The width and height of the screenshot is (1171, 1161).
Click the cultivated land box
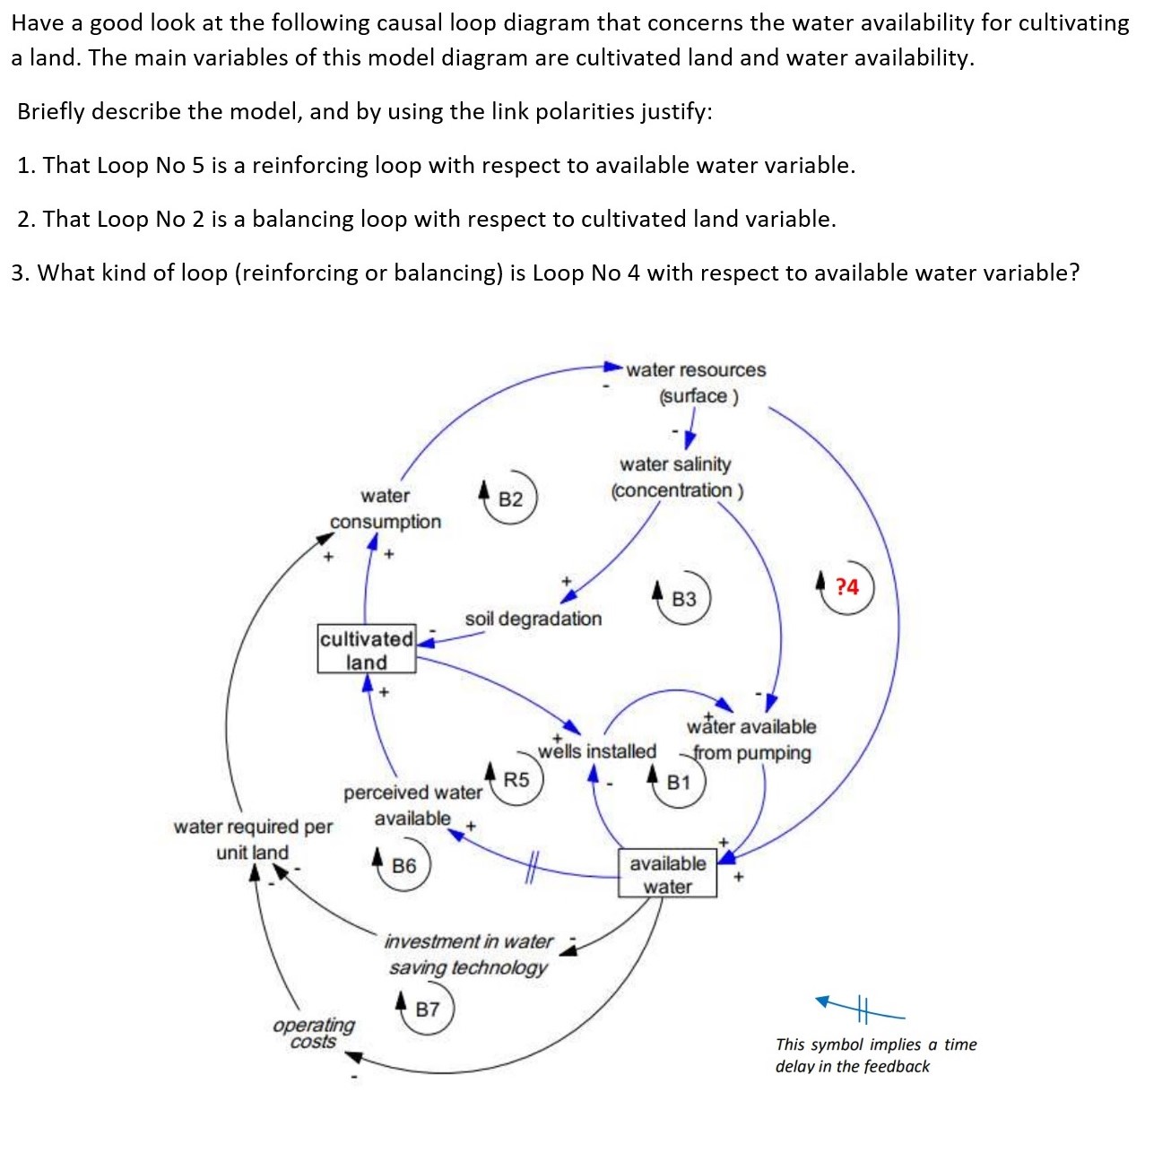[x=367, y=649]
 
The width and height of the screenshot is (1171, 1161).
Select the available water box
[x=667, y=874]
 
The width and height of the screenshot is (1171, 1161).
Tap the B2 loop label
[x=510, y=499]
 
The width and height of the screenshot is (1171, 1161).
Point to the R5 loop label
[x=516, y=780]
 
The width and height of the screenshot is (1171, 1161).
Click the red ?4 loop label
[x=846, y=587]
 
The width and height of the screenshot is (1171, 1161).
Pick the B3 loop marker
[x=683, y=599]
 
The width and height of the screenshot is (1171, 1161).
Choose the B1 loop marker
[x=679, y=783]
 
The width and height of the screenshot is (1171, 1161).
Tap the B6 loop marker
[x=403, y=866]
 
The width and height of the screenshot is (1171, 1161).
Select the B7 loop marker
[x=428, y=1009]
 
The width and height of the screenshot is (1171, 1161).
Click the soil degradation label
[x=533, y=619]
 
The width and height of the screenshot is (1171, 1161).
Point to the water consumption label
[x=386, y=508]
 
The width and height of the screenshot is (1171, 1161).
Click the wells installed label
[x=597, y=751]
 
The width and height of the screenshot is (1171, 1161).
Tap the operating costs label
[x=314, y=1033]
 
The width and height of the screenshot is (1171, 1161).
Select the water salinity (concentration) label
[x=677, y=477]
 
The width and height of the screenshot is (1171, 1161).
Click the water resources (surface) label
[x=697, y=383]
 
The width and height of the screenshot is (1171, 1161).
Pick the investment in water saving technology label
[x=469, y=954]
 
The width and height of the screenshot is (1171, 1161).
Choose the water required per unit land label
[x=253, y=839]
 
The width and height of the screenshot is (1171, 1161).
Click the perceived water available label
[x=412, y=805]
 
